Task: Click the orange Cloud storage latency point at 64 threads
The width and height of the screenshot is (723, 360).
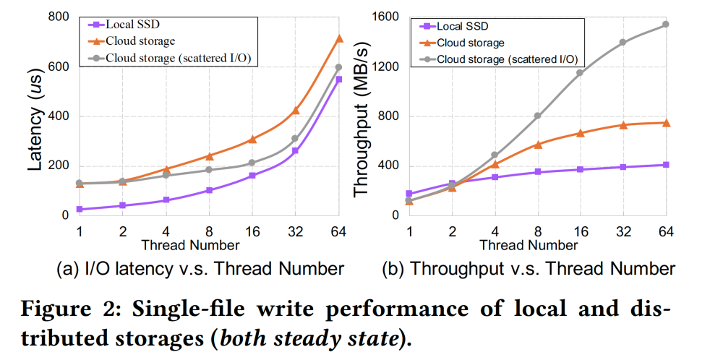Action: click(x=339, y=38)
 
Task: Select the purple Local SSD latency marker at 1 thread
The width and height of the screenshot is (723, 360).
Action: click(x=80, y=209)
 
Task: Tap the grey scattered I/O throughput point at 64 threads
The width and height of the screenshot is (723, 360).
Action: click(x=666, y=24)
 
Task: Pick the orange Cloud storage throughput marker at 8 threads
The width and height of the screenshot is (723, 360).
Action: click(x=537, y=145)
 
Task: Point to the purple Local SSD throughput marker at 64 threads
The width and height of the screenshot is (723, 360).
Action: click(x=666, y=165)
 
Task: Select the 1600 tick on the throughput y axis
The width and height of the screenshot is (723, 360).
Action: click(x=388, y=17)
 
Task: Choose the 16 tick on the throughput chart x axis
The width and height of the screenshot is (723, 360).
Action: click(x=580, y=232)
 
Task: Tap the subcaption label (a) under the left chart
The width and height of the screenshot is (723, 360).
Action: click(x=67, y=270)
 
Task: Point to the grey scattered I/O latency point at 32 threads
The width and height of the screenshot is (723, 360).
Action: click(x=295, y=138)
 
